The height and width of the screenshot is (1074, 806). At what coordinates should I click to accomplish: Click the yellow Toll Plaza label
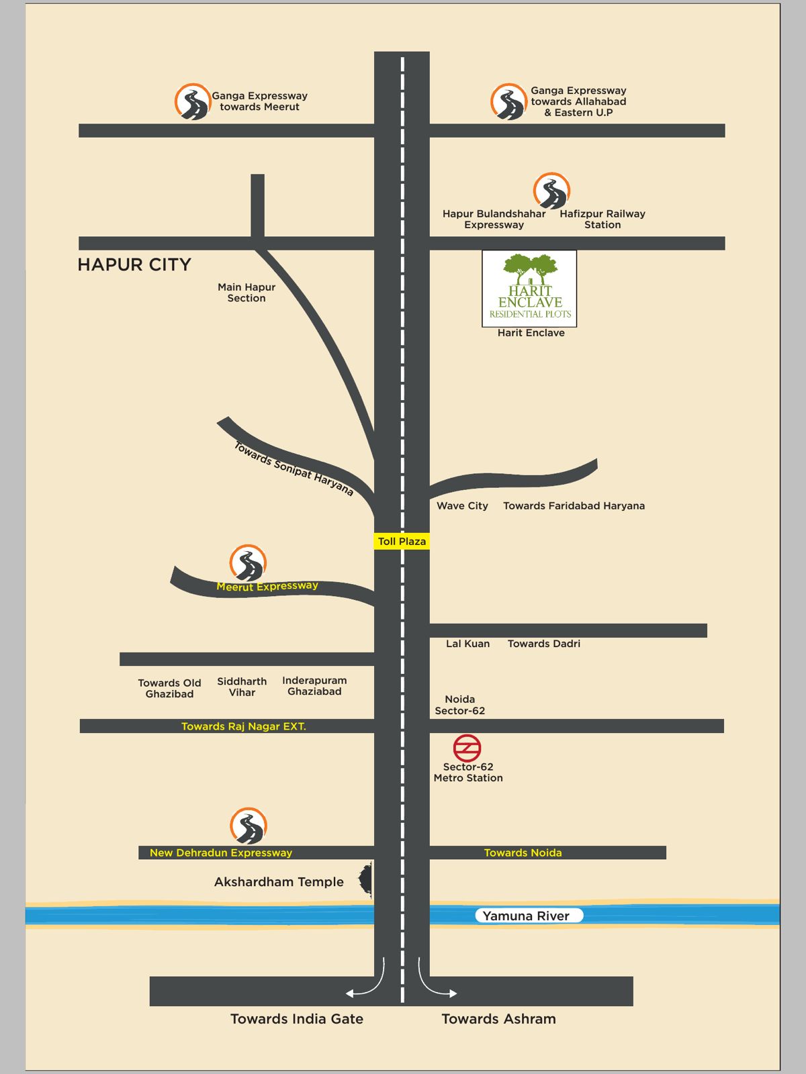(402, 541)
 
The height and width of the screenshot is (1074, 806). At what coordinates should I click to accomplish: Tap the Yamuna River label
(526, 916)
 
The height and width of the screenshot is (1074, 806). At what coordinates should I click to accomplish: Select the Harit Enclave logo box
(529, 289)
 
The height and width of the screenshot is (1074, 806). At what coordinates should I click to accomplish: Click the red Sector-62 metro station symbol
(467, 748)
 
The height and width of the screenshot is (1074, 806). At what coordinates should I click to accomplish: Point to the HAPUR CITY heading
(134, 264)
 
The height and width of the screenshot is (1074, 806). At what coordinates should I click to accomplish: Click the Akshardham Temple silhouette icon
(366, 880)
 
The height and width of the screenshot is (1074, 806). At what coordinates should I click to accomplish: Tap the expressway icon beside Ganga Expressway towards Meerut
(193, 102)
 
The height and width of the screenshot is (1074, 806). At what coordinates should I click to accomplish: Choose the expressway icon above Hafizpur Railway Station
(551, 191)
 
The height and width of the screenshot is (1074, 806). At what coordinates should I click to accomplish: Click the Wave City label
(462, 505)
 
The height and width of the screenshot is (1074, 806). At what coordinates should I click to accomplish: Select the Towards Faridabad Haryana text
(574, 505)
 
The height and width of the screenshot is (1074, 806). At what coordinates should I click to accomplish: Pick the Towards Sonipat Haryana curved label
(294, 469)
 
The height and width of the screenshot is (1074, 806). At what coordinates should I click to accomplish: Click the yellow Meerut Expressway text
(267, 586)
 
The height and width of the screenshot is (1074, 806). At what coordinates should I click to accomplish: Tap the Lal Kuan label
(467, 643)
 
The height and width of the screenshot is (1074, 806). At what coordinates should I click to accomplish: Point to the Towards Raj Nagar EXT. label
(243, 726)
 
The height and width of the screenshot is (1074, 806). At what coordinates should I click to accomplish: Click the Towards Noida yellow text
(523, 852)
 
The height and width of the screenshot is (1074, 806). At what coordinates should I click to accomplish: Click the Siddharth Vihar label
(242, 687)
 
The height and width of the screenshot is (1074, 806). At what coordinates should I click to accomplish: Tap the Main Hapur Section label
(247, 293)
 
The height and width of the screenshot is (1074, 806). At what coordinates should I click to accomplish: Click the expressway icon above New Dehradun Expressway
(249, 826)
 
